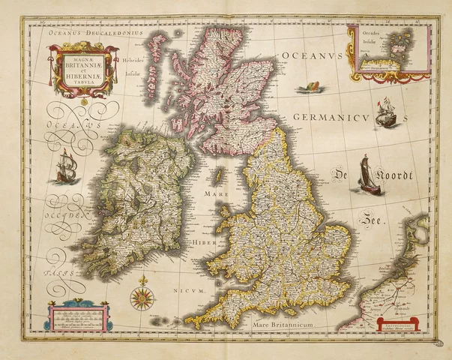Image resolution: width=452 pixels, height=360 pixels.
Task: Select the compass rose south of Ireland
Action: pos(141,298)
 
